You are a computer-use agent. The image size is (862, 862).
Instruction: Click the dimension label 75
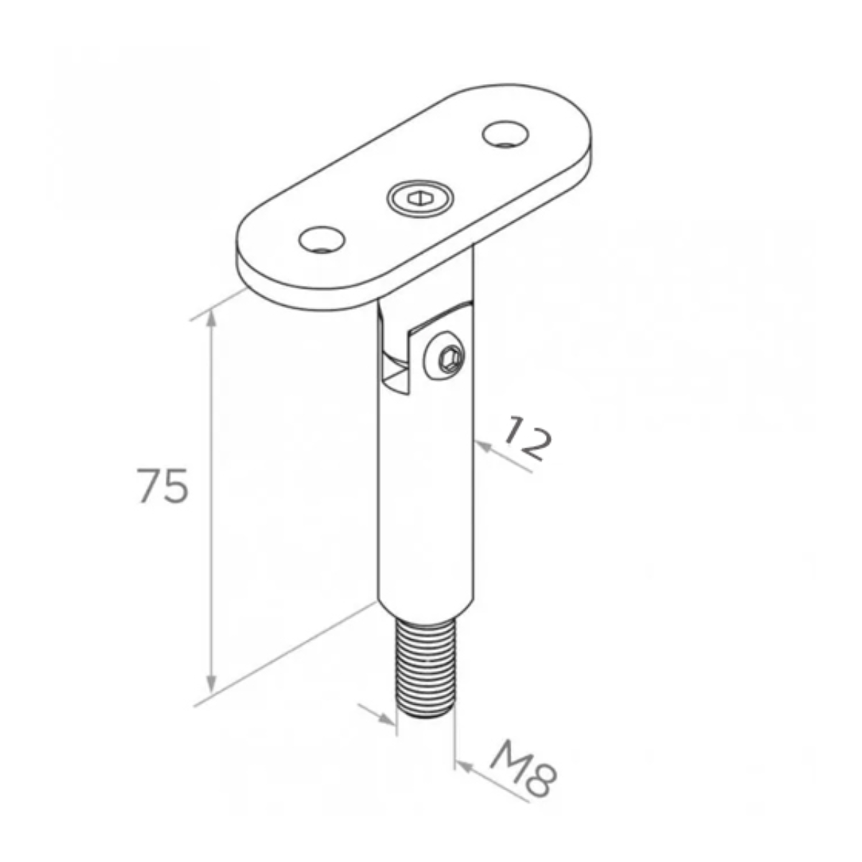click(x=164, y=486)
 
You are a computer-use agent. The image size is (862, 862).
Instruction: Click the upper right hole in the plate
click(x=505, y=134)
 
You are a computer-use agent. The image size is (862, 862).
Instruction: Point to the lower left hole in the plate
click(x=322, y=239)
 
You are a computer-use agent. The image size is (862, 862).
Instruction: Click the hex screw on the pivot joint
click(x=445, y=356)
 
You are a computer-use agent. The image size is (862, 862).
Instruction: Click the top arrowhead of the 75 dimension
click(x=211, y=319)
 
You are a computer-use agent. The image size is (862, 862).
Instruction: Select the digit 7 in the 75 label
click(x=149, y=486)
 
